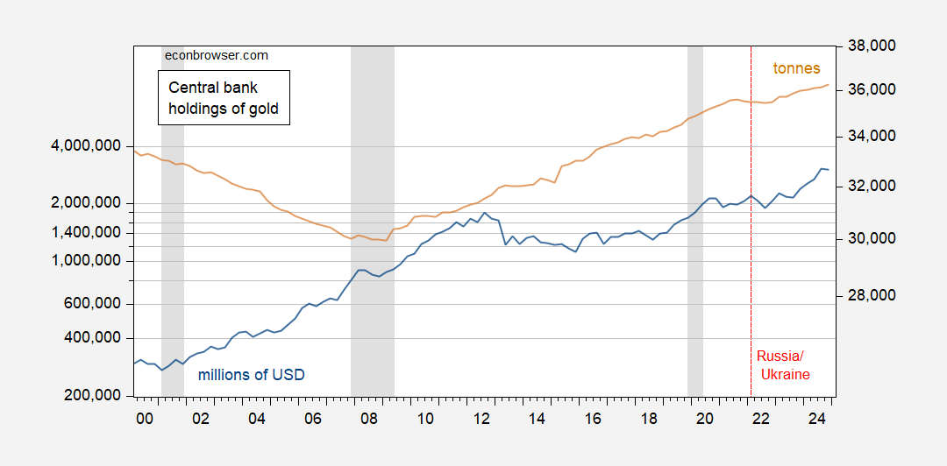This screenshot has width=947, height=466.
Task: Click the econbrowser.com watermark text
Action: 216,55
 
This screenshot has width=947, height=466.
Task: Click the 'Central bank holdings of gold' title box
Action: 224,98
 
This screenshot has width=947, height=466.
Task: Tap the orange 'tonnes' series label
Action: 796,68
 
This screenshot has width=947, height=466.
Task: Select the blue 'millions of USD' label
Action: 252,375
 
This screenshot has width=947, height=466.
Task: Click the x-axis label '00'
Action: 145,419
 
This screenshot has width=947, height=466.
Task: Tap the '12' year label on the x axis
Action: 481,419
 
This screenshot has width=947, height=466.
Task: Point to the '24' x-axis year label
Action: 817,419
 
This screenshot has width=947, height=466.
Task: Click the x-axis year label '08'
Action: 369,419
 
